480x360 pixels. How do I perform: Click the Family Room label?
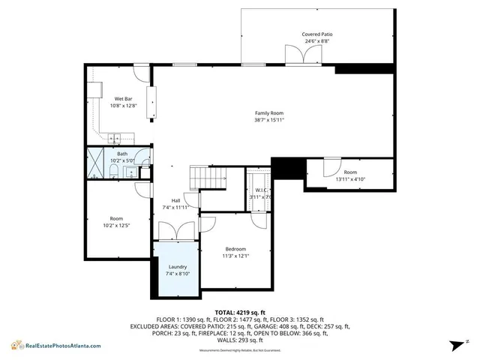click(269, 112)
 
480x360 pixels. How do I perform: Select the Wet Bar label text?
click(123, 99)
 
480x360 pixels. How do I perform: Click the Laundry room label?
click(178, 267)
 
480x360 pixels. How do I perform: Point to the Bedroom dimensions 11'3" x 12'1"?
click(236, 256)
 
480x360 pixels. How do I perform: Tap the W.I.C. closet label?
click(262, 190)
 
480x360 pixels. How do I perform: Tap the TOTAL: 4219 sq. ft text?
click(240, 311)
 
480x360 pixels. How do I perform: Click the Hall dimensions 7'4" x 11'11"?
click(175, 208)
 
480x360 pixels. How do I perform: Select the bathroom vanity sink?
click(132, 172)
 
